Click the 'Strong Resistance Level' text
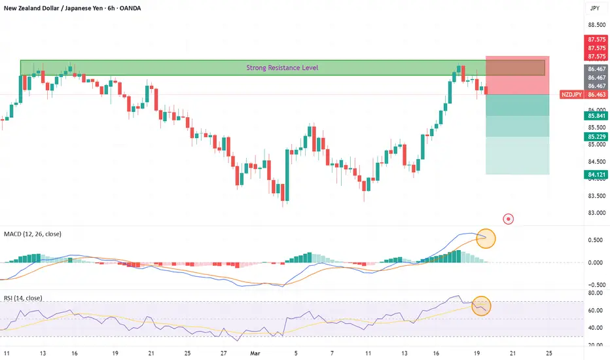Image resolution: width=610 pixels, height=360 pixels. pyautogui.click(x=282, y=67)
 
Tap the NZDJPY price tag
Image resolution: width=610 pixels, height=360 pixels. pyautogui.click(x=571, y=94)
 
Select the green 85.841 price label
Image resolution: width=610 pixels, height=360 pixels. pyautogui.click(x=596, y=116)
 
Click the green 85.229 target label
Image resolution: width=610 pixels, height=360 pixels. pyautogui.click(x=596, y=137)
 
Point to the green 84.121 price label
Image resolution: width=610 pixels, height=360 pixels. pyautogui.click(x=596, y=175)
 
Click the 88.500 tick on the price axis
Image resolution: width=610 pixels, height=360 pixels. pyautogui.click(x=597, y=25)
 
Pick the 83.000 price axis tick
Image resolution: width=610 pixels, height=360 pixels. pyautogui.click(x=597, y=213)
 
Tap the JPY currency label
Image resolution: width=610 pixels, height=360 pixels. pyautogui.click(x=595, y=8)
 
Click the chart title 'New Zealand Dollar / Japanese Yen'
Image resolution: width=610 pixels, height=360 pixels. pyautogui.click(x=53, y=8)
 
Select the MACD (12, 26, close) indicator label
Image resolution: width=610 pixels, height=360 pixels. pyautogui.click(x=33, y=234)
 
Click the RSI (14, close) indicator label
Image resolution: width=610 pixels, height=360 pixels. pyautogui.click(x=23, y=298)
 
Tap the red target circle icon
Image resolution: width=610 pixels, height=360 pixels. pyautogui.click(x=508, y=219)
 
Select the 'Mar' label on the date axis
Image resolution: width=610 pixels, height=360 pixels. pyautogui.click(x=255, y=353)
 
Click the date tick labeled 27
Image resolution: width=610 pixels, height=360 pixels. pyautogui.click(x=223, y=353)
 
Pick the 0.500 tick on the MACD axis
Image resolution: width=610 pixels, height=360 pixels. pyautogui.click(x=596, y=240)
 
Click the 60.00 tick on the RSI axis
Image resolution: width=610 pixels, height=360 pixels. pyautogui.click(x=596, y=310)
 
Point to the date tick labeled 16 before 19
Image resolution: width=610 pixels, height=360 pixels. pyautogui.click(x=436, y=353)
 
